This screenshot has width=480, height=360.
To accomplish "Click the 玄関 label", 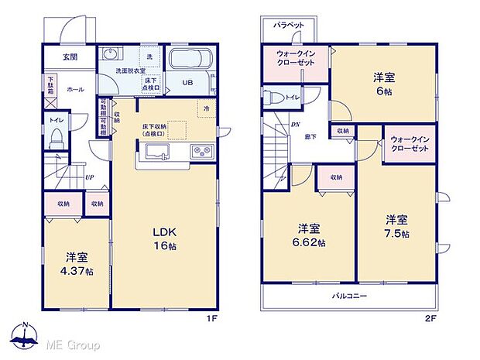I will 70,56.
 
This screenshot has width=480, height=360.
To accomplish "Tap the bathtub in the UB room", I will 190,60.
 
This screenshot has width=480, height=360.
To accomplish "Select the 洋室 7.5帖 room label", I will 398,226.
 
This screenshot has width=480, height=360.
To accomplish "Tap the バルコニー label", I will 350,297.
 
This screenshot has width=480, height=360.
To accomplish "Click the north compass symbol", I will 26,335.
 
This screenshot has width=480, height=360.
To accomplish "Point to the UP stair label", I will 91,177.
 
